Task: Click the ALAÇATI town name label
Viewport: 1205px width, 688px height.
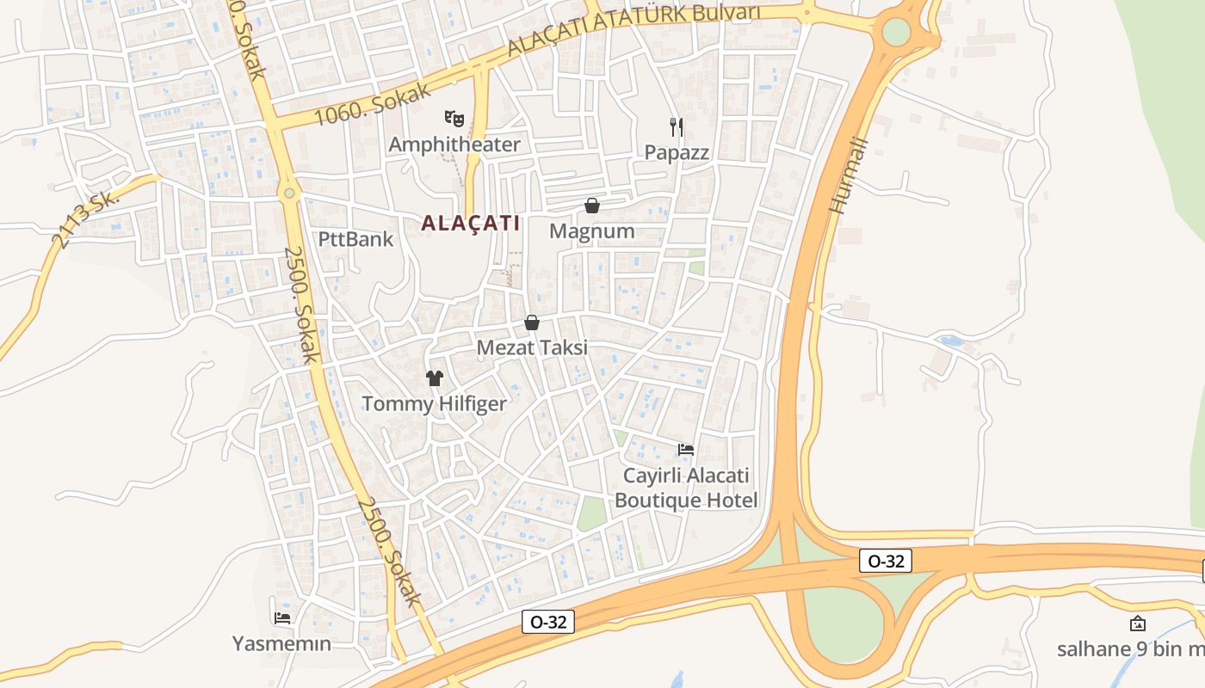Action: (x=470, y=224)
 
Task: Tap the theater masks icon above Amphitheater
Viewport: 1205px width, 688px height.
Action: (x=454, y=118)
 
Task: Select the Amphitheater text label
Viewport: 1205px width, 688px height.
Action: (x=454, y=144)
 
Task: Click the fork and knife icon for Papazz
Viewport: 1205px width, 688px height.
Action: (x=677, y=127)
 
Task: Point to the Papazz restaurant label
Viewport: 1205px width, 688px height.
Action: (x=677, y=153)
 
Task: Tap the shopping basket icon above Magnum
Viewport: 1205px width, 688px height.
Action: (x=592, y=206)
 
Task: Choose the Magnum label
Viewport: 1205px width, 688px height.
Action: (x=592, y=231)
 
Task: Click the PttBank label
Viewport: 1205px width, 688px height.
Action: (x=355, y=239)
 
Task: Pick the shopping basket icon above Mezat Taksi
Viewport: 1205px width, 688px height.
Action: (x=532, y=322)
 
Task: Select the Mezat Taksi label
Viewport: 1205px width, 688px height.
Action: (x=532, y=347)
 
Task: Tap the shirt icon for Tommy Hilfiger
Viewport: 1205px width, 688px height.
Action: (x=434, y=378)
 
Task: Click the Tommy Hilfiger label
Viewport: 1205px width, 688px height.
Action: (x=434, y=403)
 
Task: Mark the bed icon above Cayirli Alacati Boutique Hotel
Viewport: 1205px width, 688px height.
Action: (x=686, y=449)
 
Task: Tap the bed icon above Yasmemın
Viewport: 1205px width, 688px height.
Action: (x=281, y=617)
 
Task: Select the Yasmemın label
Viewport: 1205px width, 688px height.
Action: (x=281, y=643)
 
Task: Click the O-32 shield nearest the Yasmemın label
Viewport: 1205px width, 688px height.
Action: (x=548, y=622)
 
